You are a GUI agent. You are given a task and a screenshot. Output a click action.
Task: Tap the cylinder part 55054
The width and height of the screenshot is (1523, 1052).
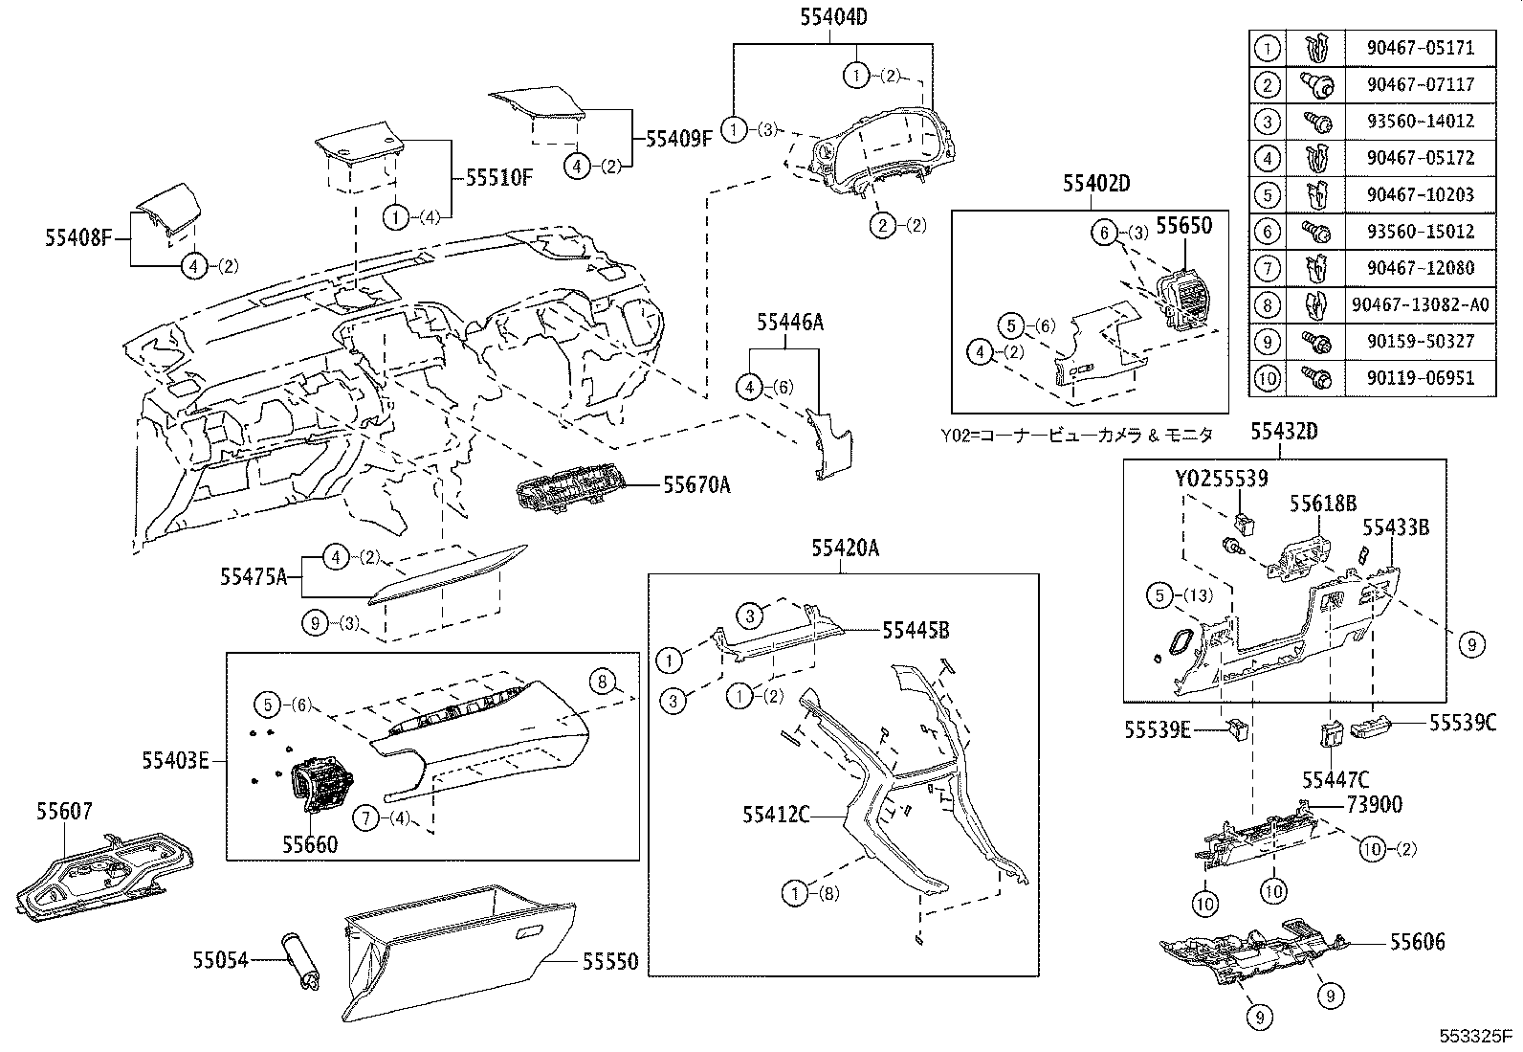click(x=298, y=960)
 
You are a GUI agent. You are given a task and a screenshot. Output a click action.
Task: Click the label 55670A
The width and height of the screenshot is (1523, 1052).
click(x=696, y=485)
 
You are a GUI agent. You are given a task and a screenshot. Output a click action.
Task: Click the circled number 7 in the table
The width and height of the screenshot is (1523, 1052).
click(x=1267, y=268)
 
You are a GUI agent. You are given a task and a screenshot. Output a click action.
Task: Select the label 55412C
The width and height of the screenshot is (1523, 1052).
click(x=776, y=815)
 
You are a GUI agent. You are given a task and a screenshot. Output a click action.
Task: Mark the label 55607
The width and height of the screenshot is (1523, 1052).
click(x=64, y=812)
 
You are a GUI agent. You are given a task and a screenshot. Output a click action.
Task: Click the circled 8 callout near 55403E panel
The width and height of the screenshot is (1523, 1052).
click(x=602, y=682)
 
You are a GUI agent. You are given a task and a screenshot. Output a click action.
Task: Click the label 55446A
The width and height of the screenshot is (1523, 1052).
click(x=789, y=323)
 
